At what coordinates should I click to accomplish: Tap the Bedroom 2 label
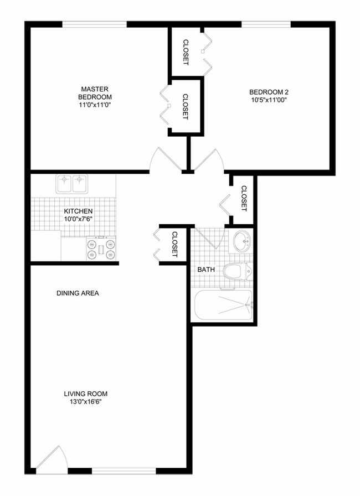point(269,96)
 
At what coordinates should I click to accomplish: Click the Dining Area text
point(78,293)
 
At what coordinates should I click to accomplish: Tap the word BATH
point(207,270)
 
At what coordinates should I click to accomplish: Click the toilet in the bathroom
point(237,271)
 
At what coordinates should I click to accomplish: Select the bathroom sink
point(241,241)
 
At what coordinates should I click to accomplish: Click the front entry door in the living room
point(55,458)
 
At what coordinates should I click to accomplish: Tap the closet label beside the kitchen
point(174,244)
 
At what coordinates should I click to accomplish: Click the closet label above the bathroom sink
point(244,198)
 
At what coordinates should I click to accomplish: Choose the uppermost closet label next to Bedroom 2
point(186,51)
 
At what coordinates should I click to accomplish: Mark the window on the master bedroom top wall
point(94,24)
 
